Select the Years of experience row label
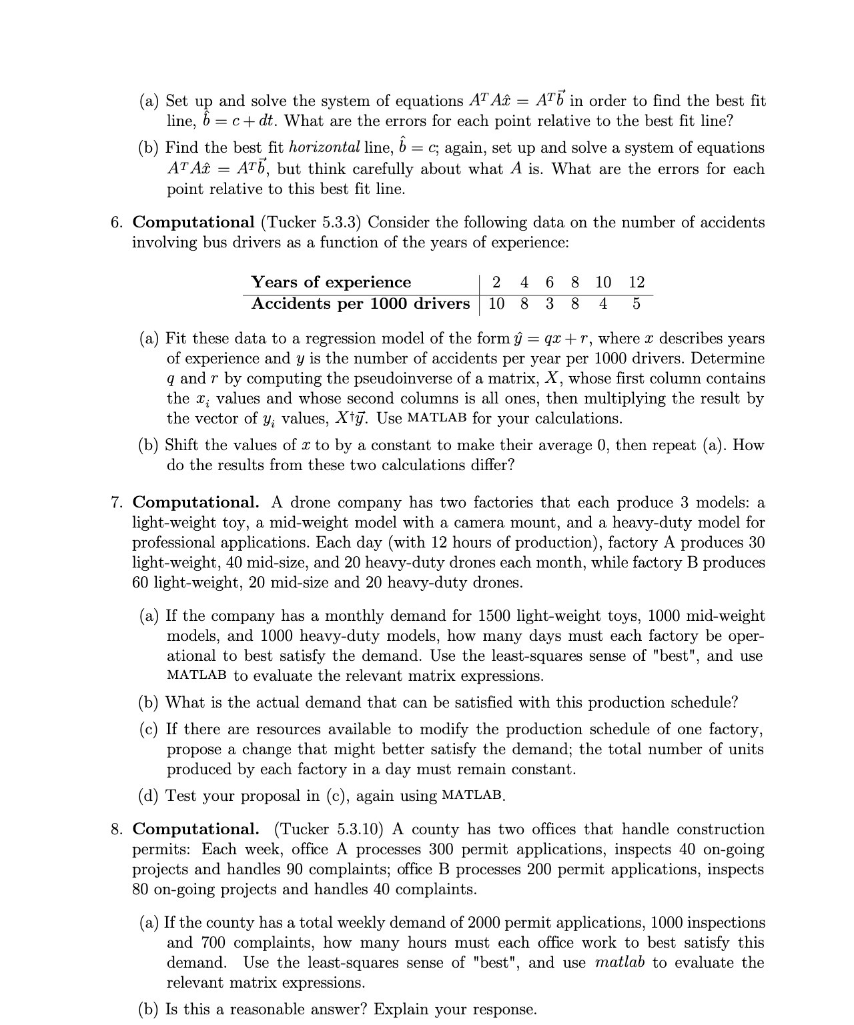coord(331,282)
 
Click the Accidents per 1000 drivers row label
coord(360,303)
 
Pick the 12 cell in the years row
coord(636,282)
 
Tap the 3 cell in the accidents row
coord(549,303)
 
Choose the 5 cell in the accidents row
coord(636,303)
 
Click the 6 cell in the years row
coord(549,282)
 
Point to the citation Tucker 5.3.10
coord(330,829)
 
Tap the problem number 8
coord(116,829)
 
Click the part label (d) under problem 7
coord(149,796)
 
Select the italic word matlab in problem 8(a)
coord(620,962)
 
